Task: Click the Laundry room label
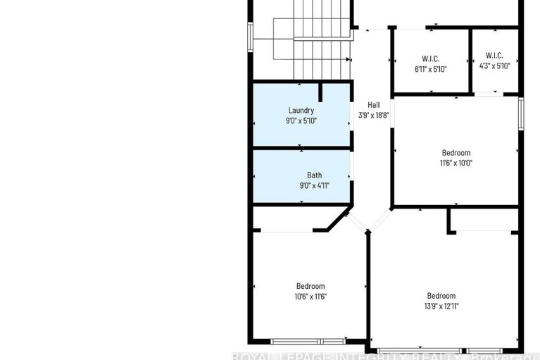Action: click(301, 111)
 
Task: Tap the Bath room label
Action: click(314, 175)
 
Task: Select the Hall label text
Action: click(373, 105)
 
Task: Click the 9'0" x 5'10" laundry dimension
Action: click(301, 120)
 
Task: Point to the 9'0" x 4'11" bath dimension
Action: click(314, 185)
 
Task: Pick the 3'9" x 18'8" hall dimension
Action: click(373, 115)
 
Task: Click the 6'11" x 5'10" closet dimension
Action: click(431, 68)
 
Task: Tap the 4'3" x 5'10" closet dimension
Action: click(494, 66)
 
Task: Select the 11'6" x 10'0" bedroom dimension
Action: click(456, 163)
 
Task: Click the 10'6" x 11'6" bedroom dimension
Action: click(310, 297)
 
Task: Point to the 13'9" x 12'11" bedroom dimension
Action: click(441, 306)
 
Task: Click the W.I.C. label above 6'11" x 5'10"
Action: click(431, 58)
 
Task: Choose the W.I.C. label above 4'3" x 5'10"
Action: click(494, 56)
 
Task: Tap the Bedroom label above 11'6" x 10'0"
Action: click(456, 153)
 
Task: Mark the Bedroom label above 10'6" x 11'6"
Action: click(310, 286)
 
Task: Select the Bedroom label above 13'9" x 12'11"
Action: click(441, 296)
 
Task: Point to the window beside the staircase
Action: click(250, 37)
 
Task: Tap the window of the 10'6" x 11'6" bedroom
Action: click(308, 341)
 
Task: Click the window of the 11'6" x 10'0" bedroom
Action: click(521, 114)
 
